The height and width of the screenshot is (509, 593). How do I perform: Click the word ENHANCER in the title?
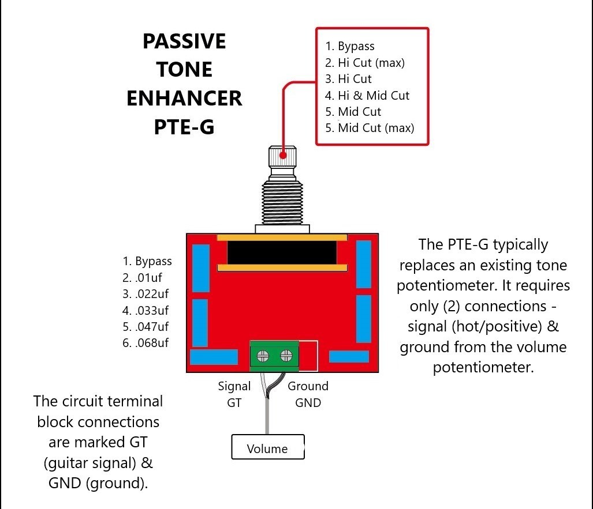(184, 98)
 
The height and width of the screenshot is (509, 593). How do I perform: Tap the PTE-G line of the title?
(184, 127)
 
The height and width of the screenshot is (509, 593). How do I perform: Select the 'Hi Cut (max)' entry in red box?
(364, 63)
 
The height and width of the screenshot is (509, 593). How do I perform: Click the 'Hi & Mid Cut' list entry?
(367, 96)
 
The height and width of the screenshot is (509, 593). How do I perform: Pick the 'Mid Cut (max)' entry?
(370, 128)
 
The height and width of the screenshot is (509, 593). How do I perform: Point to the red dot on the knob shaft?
(283, 155)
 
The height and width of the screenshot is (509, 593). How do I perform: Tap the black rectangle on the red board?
(282, 252)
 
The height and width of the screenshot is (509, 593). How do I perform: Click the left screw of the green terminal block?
(263, 356)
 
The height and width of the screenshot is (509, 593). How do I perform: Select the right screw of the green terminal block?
(286, 355)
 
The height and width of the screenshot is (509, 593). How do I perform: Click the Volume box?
(268, 447)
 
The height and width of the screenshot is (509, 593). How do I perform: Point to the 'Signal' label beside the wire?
(234, 386)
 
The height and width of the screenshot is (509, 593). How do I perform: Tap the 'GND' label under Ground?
(308, 403)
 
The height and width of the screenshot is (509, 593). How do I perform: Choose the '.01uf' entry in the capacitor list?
(142, 278)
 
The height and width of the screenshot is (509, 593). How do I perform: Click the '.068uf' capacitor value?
(146, 343)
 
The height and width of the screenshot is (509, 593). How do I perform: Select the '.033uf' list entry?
(146, 310)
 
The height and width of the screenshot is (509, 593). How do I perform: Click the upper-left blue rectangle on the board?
(201, 268)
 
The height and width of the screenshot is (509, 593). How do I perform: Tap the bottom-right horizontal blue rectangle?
(349, 356)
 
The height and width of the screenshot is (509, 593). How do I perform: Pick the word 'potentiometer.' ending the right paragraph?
(483, 367)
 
